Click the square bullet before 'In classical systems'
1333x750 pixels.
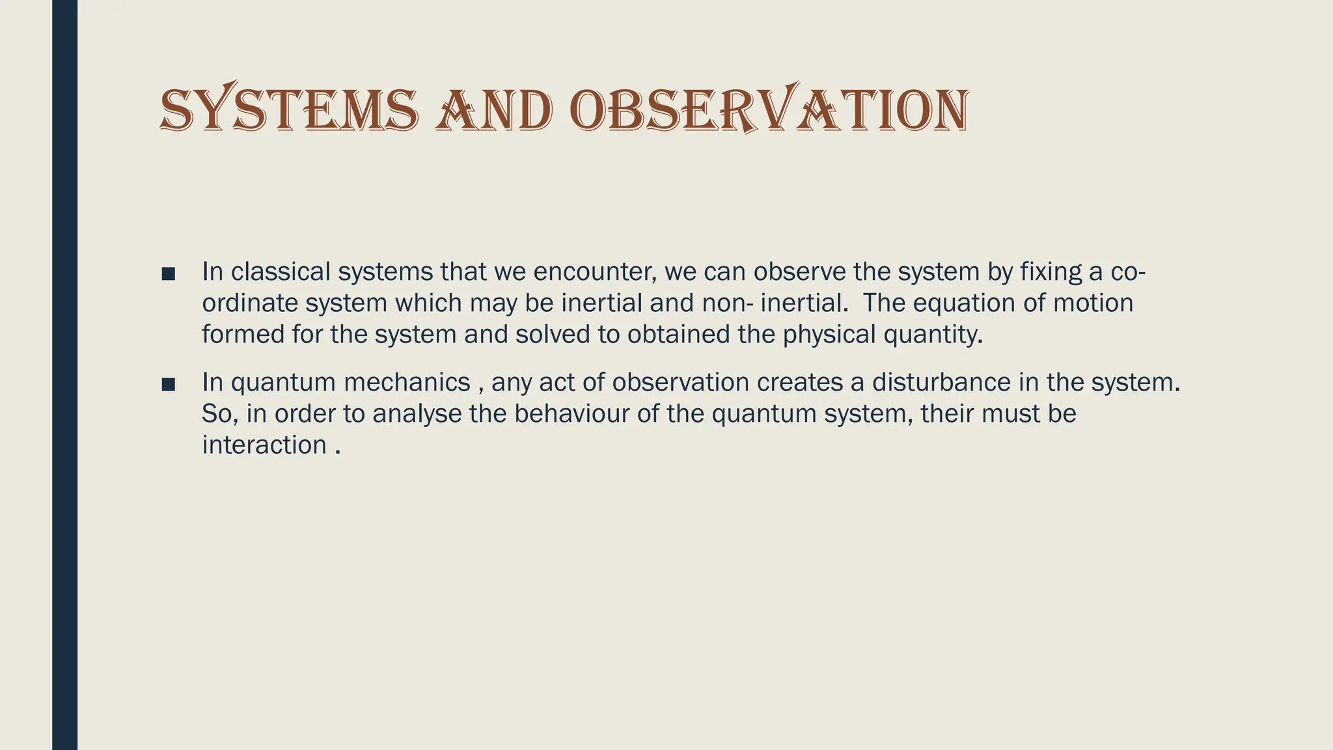pyautogui.click(x=168, y=273)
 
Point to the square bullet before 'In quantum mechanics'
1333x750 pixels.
pyautogui.click(x=168, y=384)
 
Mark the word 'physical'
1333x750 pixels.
pyautogui.click(x=829, y=335)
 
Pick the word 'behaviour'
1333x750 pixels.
pyautogui.click(x=571, y=414)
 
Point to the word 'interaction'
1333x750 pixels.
pyautogui.click(x=264, y=445)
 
